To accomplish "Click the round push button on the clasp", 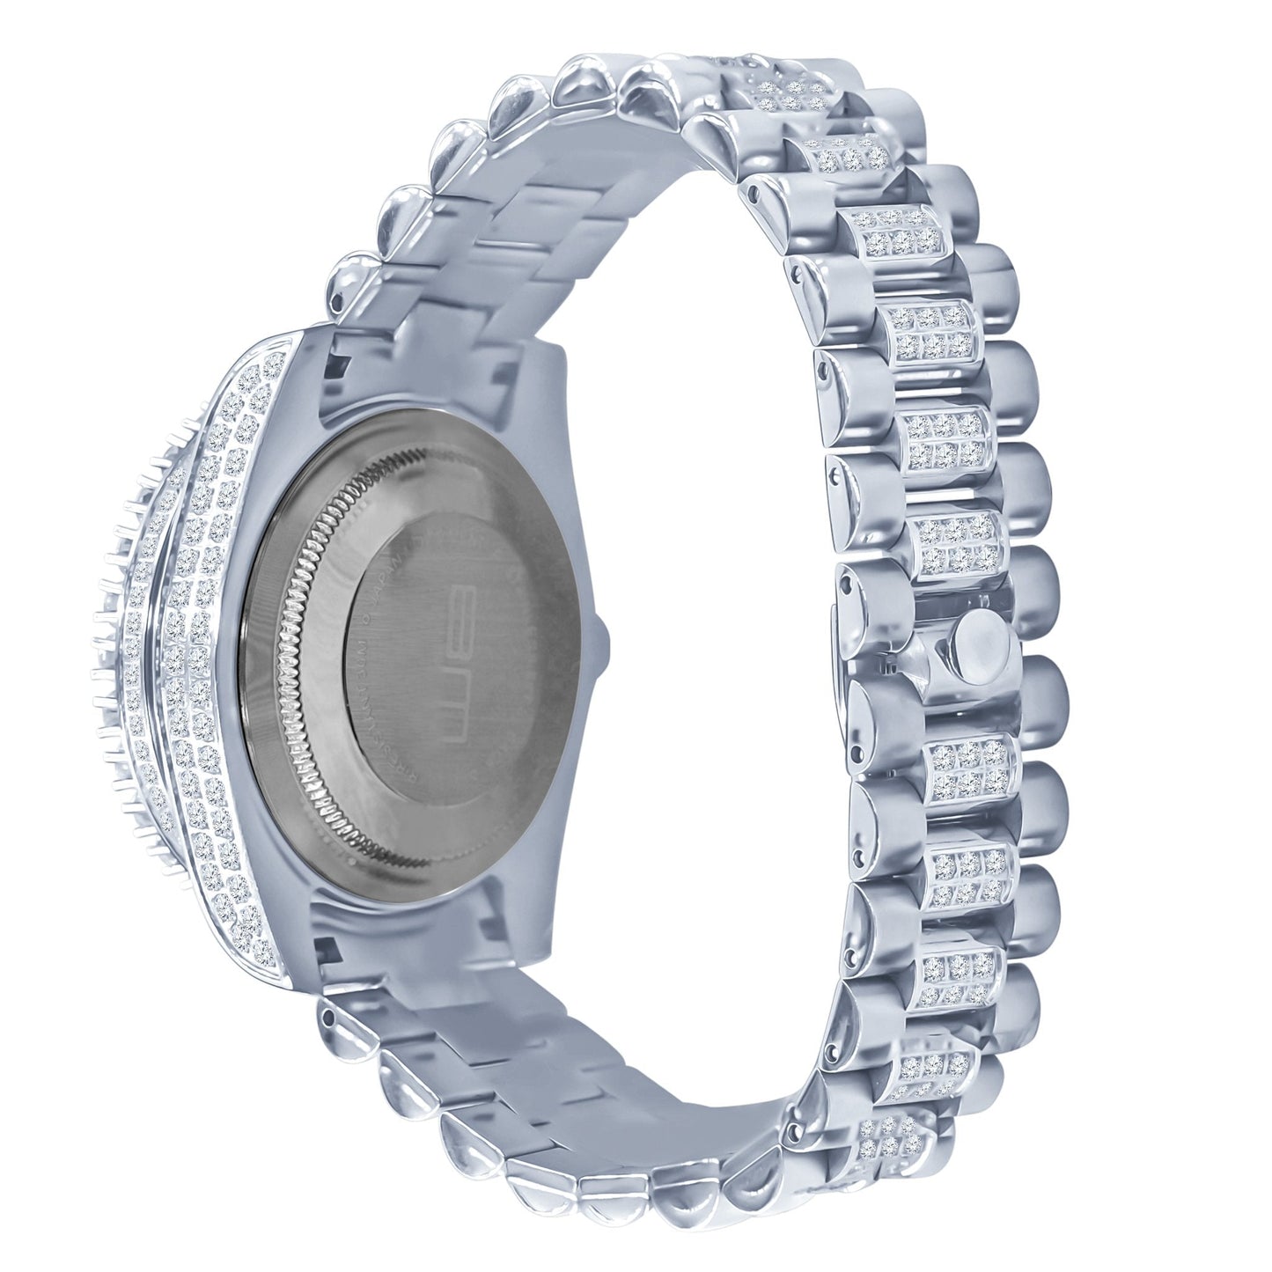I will click(x=979, y=639).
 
